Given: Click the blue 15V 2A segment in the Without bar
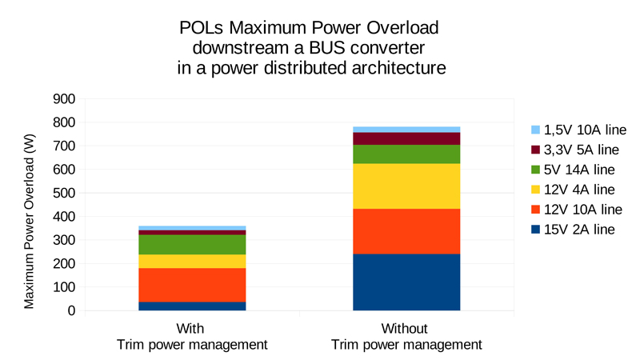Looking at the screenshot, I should point(406,282).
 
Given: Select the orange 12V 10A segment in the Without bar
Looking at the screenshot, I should point(406,231).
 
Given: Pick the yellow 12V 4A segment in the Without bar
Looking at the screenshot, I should point(406,186).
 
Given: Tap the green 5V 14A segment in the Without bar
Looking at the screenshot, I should point(406,154).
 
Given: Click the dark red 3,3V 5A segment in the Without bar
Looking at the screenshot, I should point(406,138).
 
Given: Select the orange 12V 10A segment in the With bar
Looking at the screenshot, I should point(191,284).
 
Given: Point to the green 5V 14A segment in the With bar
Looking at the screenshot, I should point(191,244).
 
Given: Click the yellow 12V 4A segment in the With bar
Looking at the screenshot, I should point(191,261).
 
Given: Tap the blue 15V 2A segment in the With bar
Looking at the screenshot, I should point(191,306).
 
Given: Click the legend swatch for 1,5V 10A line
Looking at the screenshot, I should point(535,130).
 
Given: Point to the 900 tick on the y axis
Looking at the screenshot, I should point(64,99).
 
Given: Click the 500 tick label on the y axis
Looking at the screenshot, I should point(64,193).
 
